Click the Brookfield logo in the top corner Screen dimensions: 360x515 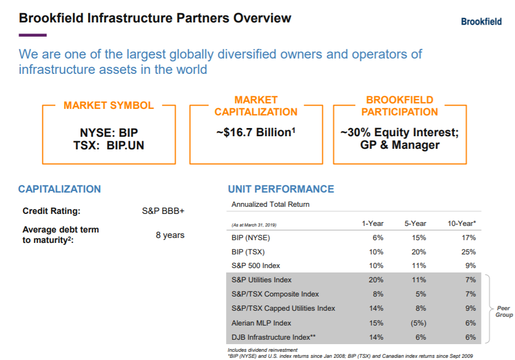481,22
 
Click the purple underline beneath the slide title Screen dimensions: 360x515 32,36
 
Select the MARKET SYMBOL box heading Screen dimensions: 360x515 108,106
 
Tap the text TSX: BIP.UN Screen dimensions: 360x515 108,145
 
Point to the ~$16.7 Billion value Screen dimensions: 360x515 256,132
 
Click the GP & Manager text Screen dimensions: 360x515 400,145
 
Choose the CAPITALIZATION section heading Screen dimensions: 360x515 60,189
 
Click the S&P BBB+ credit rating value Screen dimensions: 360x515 163,211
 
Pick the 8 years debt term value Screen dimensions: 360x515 170,235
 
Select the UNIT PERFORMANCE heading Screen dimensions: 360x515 281,189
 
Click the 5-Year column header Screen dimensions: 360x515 415,223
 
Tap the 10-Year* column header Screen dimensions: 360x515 461,223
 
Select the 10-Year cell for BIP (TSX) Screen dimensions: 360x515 468,252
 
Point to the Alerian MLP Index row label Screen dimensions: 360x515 262,323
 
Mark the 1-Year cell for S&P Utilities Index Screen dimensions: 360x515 376,280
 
